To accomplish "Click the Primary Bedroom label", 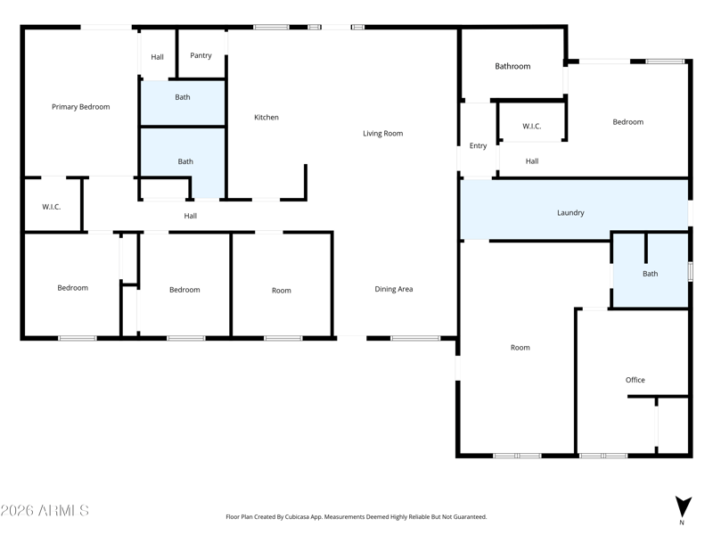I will coord(80,107).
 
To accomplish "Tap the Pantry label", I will coord(201,55).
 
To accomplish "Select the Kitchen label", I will coord(266,118).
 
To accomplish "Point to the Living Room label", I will coord(382,134).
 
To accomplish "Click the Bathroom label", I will coord(512,66).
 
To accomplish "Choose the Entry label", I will coord(478,146).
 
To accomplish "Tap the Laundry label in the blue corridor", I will coord(570,213).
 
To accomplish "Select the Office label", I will coord(635,380).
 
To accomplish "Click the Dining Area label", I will coord(393,289).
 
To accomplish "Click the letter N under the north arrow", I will coord(682,523).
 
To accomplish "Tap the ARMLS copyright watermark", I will coord(45,511).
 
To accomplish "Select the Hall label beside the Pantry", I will coord(157,57).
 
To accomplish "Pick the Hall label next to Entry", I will coord(531,161).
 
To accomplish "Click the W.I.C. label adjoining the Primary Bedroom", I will coord(52,207).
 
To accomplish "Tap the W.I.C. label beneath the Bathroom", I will coord(531,127).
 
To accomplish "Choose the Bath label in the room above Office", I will coord(650,274).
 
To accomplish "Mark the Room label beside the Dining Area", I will coord(281,291).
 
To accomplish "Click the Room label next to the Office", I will coord(520,348).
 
